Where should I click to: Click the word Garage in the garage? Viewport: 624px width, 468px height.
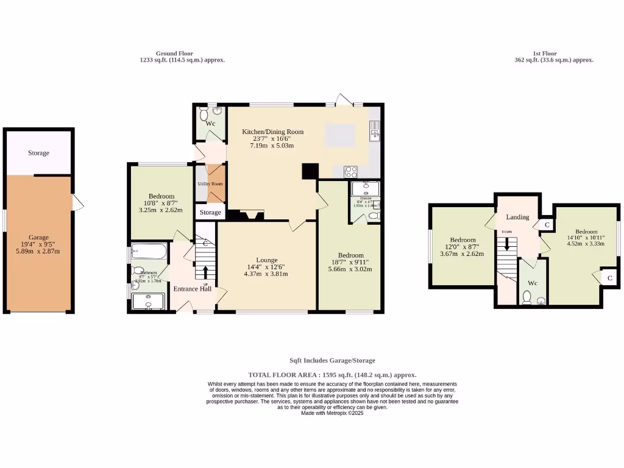point(38,238)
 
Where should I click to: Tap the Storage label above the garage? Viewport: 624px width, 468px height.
point(38,153)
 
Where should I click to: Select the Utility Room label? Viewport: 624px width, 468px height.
point(210,183)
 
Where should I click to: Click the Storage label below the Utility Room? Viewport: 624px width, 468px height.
point(210,212)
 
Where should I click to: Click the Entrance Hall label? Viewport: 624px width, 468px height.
point(193,289)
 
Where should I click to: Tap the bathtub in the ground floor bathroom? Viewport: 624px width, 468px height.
point(149,250)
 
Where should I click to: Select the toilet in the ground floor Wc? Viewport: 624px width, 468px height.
point(204,113)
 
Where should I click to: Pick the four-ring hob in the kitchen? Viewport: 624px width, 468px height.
point(351,171)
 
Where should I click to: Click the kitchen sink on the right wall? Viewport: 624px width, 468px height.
point(374,129)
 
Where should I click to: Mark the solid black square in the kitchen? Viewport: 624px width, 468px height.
point(310,171)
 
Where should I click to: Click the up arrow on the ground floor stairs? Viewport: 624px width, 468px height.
point(205,271)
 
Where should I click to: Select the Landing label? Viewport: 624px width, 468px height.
point(517,217)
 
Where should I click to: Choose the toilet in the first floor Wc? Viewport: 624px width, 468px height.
point(526,297)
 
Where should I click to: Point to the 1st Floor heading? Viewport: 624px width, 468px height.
point(544,54)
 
